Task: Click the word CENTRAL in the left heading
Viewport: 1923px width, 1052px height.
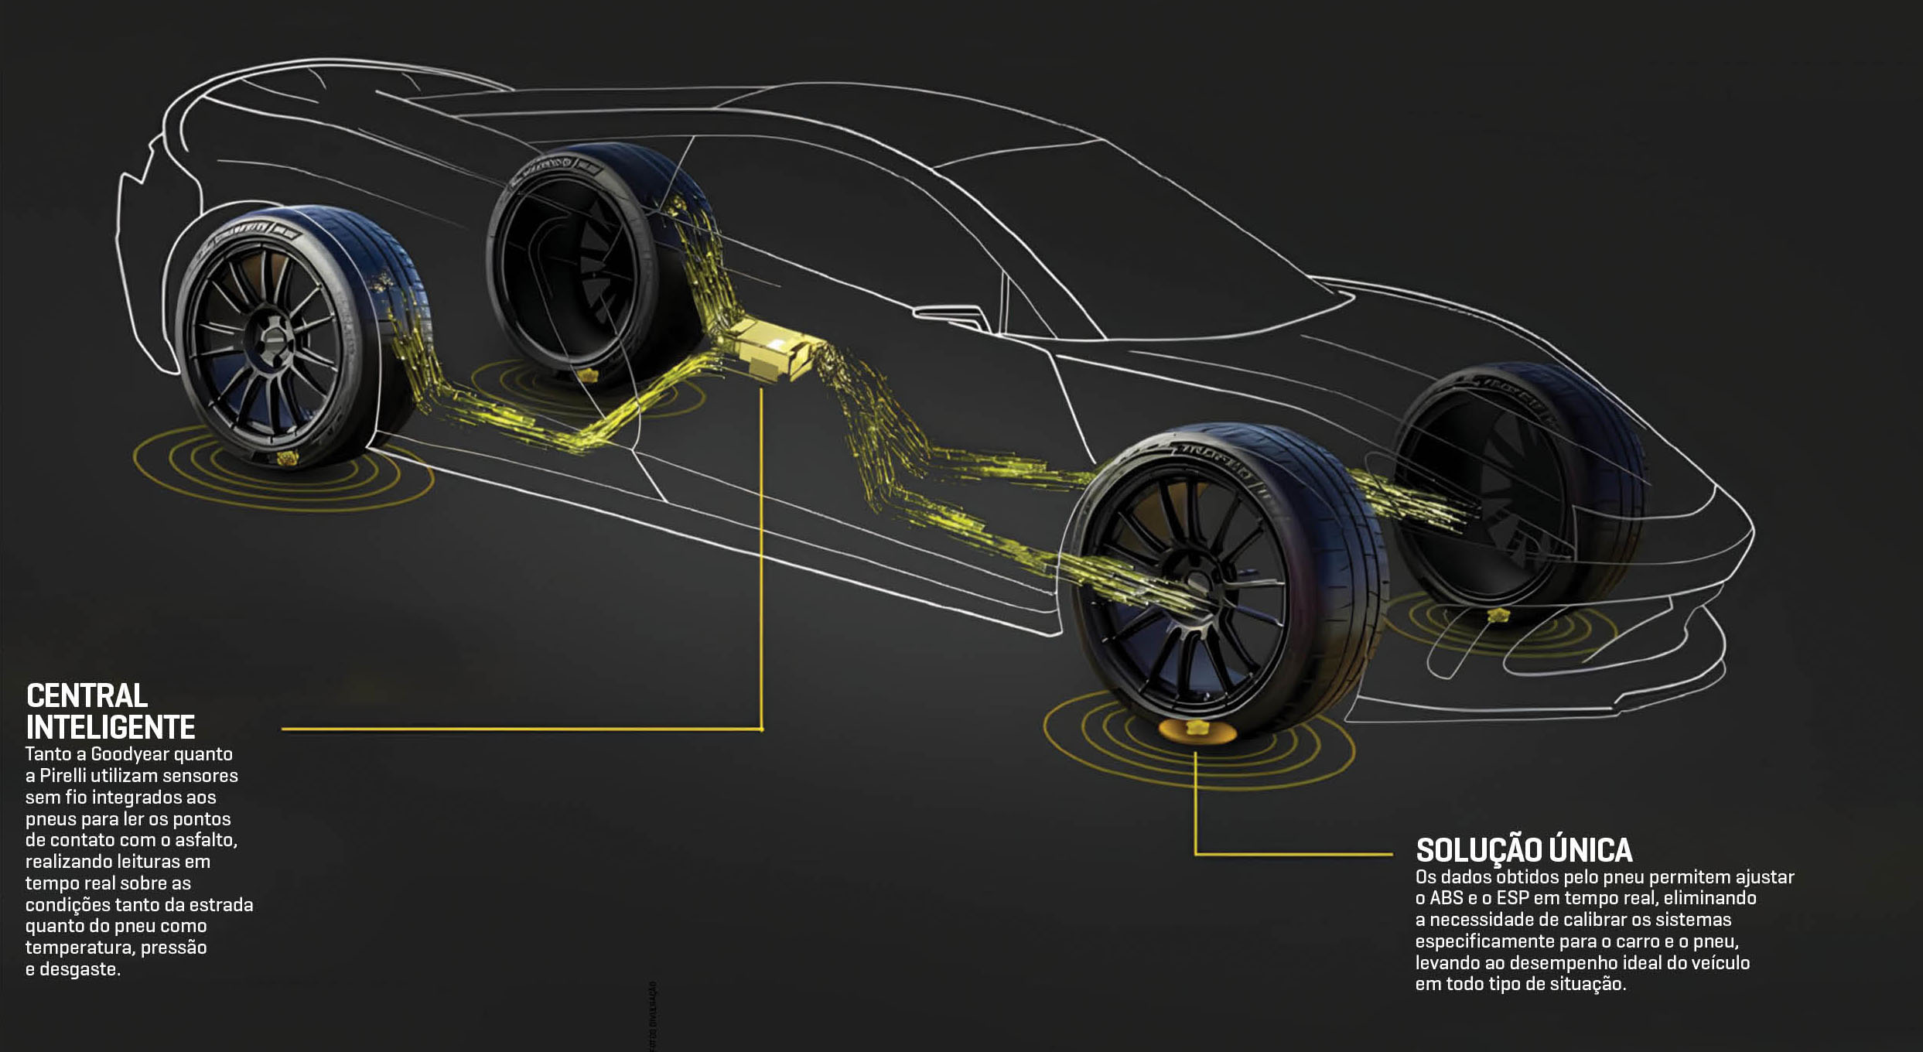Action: (x=87, y=696)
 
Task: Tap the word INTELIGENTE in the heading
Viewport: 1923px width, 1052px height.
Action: (x=111, y=728)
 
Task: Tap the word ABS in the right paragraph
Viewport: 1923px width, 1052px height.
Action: (x=1447, y=899)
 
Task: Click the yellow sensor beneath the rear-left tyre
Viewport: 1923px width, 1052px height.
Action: (x=287, y=459)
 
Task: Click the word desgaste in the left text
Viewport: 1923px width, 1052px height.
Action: (x=80, y=969)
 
